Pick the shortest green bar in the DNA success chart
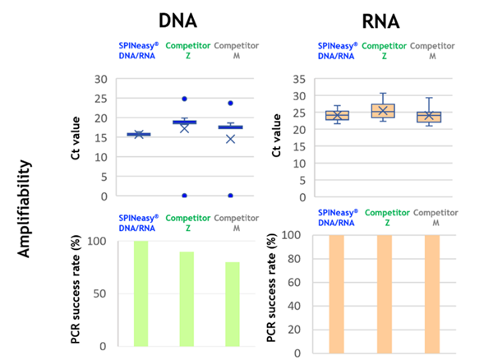233,304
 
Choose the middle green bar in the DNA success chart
187,298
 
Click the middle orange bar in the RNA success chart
385,293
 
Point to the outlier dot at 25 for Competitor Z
186,99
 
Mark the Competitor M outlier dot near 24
232,104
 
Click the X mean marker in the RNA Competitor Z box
384,110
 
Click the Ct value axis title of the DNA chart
76,137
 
